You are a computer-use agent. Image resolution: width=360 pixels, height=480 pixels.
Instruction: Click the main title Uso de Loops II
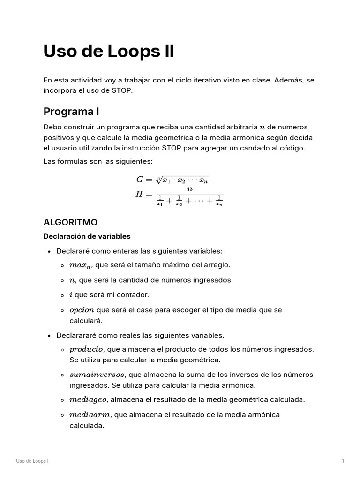109,51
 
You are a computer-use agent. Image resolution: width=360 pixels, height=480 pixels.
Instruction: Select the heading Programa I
71,112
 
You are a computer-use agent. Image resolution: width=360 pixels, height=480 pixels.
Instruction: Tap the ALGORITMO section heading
70,222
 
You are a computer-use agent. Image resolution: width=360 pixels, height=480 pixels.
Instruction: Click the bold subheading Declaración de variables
87,236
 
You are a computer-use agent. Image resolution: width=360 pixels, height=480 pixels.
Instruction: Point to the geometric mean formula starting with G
172,179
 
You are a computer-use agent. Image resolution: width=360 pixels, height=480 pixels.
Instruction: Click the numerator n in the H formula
190,189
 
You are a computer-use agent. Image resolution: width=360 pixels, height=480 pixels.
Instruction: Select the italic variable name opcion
82,310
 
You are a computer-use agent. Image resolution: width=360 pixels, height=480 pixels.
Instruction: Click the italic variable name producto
86,349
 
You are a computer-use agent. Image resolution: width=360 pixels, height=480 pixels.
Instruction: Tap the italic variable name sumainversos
97,375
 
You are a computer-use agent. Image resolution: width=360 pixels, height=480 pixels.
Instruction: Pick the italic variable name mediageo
89,400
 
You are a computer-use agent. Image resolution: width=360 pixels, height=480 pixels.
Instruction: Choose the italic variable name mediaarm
90,415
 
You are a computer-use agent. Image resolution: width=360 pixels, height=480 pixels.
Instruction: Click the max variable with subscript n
81,265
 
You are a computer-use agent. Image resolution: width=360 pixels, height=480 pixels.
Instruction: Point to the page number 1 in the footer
343,461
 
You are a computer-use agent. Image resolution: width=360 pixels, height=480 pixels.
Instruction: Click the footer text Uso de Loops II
33,461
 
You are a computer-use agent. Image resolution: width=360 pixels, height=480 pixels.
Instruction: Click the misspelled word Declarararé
77,335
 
